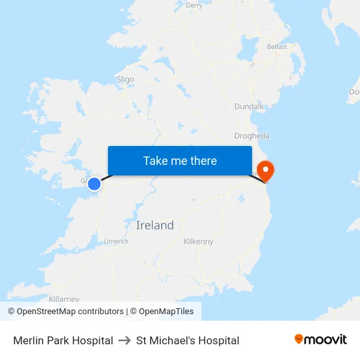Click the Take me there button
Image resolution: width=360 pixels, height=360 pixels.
[x=180, y=161]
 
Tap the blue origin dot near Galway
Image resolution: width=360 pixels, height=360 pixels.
[x=94, y=184]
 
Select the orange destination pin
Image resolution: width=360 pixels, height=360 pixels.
[x=266, y=171]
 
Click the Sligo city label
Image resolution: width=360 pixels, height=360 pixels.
[x=125, y=79]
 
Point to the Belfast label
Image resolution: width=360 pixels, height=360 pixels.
[x=277, y=47]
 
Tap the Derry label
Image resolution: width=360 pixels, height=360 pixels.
[x=194, y=5]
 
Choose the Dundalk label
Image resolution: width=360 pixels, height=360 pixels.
[x=249, y=106]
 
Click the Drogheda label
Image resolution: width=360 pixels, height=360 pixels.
[x=252, y=136]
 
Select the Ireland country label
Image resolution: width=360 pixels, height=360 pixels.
[x=155, y=225]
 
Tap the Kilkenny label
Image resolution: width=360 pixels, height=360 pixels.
[x=198, y=242]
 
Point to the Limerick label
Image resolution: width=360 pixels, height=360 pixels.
[x=117, y=242]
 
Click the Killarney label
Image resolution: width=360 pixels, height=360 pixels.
[x=63, y=298]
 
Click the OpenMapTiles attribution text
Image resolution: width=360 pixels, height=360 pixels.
[x=166, y=312]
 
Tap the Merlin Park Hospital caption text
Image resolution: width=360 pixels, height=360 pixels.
[x=63, y=340]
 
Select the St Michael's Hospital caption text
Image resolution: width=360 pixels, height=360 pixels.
[x=188, y=340]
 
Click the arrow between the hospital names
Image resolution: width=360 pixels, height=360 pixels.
[x=124, y=340]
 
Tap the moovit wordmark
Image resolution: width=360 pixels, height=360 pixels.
[x=326, y=340]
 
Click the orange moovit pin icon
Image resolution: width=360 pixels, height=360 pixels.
[x=298, y=339]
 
